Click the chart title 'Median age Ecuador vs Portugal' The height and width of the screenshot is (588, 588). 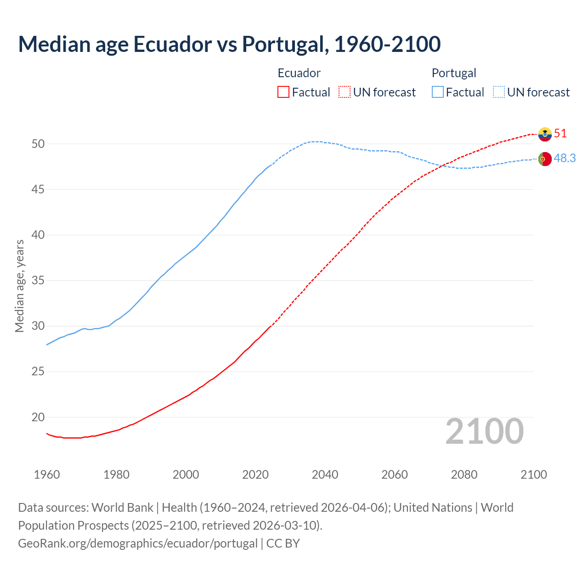pyautogui.click(x=229, y=44)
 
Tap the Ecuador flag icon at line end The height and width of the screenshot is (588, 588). pyautogui.click(x=545, y=134)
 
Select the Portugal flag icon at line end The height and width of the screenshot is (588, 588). pyautogui.click(x=545, y=159)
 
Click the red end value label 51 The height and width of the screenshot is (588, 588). pyautogui.click(x=560, y=134)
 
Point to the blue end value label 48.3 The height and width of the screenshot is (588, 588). pyautogui.click(x=565, y=158)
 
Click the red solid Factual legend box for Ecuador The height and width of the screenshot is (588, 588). pyautogui.click(x=283, y=92)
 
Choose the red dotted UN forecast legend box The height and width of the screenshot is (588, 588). pyautogui.click(x=345, y=92)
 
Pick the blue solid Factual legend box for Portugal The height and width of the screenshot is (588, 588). pyautogui.click(x=437, y=92)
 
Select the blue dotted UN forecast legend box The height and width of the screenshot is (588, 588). pyautogui.click(x=498, y=92)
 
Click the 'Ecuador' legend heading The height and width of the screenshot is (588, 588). pyautogui.click(x=299, y=73)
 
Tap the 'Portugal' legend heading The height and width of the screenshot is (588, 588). pyautogui.click(x=454, y=73)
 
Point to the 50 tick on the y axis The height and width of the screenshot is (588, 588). pyautogui.click(x=38, y=144)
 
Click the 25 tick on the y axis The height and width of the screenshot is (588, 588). pyautogui.click(x=38, y=372)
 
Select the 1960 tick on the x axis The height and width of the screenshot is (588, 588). pyautogui.click(x=47, y=475)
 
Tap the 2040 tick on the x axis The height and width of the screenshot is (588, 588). pyautogui.click(x=325, y=475)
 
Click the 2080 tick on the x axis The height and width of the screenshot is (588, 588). pyautogui.click(x=464, y=475)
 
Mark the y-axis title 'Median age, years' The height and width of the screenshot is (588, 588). pyautogui.click(x=19, y=286)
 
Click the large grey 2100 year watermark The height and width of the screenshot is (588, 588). pyautogui.click(x=485, y=431)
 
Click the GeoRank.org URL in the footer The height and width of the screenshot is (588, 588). pyautogui.click(x=138, y=543)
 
